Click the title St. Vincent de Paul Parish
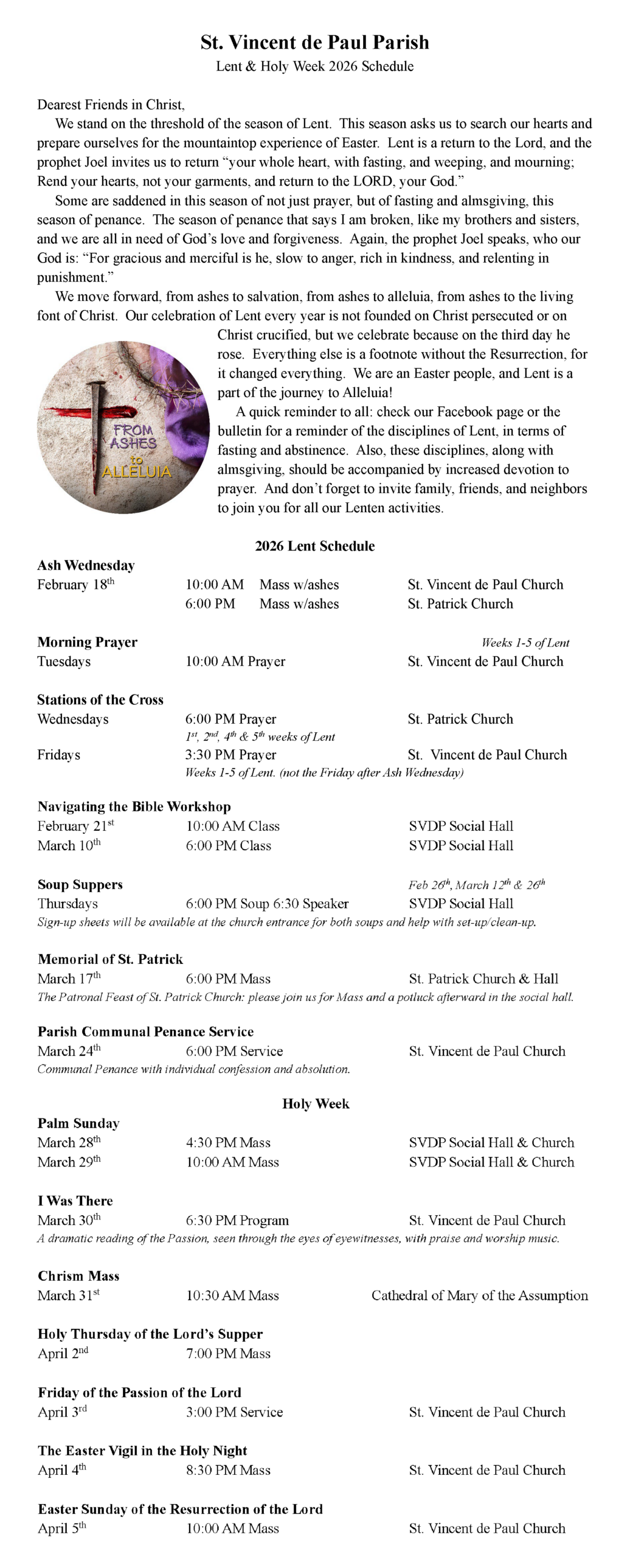click(314, 42)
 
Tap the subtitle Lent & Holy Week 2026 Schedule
click(314, 66)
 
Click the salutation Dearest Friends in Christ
click(111, 105)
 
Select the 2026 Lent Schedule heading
click(314, 546)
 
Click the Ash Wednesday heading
click(86, 565)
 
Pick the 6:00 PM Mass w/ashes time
click(210, 604)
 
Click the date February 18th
click(75, 584)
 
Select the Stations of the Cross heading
click(100, 699)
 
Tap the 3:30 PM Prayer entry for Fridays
click(230, 755)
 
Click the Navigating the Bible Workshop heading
click(134, 806)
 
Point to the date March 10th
click(69, 845)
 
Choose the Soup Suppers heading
click(80, 884)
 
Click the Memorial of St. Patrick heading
click(110, 959)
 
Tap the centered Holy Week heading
click(316, 1104)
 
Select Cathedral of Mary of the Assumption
click(479, 1295)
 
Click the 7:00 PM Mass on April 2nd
click(228, 1354)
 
